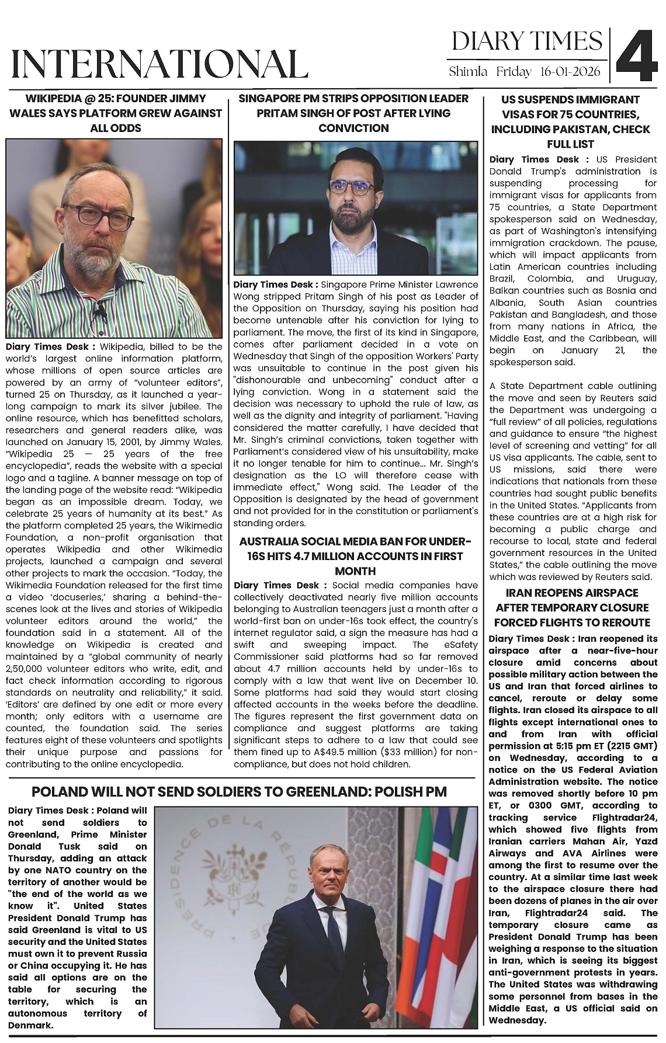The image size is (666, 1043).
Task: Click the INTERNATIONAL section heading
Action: click(159, 64)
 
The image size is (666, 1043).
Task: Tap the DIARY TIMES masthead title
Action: click(526, 41)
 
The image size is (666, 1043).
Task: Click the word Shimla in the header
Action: click(468, 72)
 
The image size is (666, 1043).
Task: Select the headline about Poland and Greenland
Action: click(239, 791)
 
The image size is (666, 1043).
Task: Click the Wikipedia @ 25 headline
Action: click(116, 113)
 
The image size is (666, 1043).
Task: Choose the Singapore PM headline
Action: click(353, 113)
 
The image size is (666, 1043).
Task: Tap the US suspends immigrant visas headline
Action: click(570, 121)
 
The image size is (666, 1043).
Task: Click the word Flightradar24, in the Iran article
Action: click(623, 818)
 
